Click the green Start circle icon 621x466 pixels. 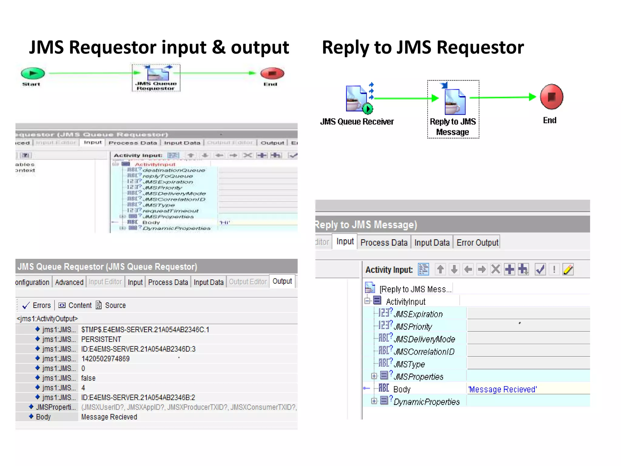(33, 73)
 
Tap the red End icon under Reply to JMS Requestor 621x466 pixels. (551, 97)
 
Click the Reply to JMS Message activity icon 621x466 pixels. (454, 102)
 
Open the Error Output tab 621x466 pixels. (477, 243)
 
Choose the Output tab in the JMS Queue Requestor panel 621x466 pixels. (282, 281)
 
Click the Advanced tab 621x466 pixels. (69, 282)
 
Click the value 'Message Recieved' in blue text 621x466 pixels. (502, 389)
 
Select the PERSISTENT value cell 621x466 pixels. (101, 339)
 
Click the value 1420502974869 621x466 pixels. (105, 359)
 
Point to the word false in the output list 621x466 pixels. (88, 378)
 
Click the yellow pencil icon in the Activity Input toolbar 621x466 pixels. (568, 269)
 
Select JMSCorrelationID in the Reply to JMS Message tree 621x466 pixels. (424, 352)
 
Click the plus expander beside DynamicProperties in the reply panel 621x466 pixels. (374, 401)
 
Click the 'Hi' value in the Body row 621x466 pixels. (225, 222)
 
